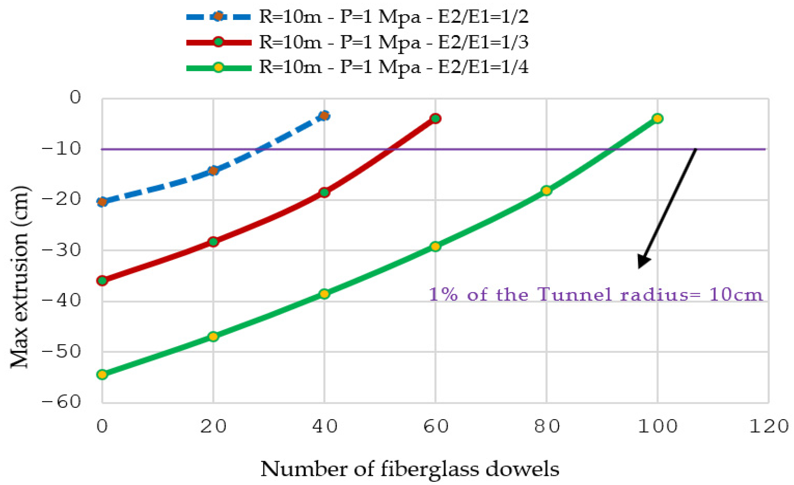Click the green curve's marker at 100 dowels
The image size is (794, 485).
(657, 118)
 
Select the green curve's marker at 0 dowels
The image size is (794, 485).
(102, 374)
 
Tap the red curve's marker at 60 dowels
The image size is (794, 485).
(435, 118)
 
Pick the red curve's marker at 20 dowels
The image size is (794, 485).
(213, 241)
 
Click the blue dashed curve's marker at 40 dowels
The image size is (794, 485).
(325, 115)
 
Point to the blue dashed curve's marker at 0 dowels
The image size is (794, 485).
(102, 202)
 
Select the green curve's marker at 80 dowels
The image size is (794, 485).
(546, 191)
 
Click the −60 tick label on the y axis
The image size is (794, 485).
(61, 402)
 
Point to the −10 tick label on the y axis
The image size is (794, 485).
(61, 149)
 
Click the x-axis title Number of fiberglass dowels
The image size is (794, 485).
(409, 469)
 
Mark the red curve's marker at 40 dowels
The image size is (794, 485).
(325, 193)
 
